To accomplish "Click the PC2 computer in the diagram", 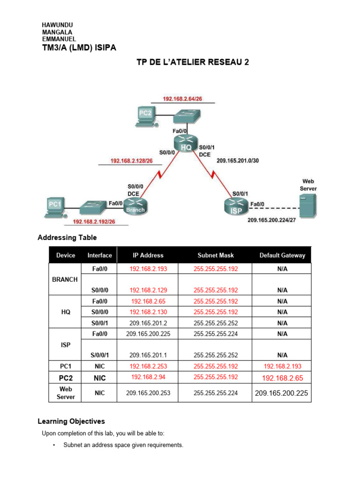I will (146, 116).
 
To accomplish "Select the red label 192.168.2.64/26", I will (182, 98).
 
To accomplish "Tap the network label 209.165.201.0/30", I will (237, 160).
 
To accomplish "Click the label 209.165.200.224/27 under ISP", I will (272, 220).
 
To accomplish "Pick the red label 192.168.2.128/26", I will (131, 161).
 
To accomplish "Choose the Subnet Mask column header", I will (215, 255).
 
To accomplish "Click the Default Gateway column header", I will (282, 255).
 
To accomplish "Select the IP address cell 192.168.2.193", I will (148, 269).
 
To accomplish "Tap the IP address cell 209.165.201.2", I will (148, 323).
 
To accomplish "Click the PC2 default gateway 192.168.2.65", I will (282, 378).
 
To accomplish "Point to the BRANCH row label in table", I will (65, 279).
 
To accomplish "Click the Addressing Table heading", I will (67, 238).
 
